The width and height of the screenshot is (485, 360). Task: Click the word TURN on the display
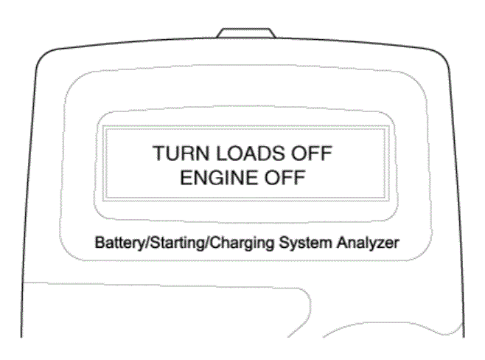181,153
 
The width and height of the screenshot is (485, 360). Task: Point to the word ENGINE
219,178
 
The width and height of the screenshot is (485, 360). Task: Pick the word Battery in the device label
119,243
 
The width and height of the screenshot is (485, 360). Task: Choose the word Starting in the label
177,243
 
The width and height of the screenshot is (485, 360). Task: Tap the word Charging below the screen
242,243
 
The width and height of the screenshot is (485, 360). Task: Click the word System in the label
306,243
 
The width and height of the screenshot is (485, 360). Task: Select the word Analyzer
368,243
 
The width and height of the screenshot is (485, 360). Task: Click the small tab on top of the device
246,32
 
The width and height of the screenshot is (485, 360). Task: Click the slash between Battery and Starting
147,243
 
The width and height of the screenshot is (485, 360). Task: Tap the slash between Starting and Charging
207,243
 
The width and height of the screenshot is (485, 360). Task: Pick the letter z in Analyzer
381,244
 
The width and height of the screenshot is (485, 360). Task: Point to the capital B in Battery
100,243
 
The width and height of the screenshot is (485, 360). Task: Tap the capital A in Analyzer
343,243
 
